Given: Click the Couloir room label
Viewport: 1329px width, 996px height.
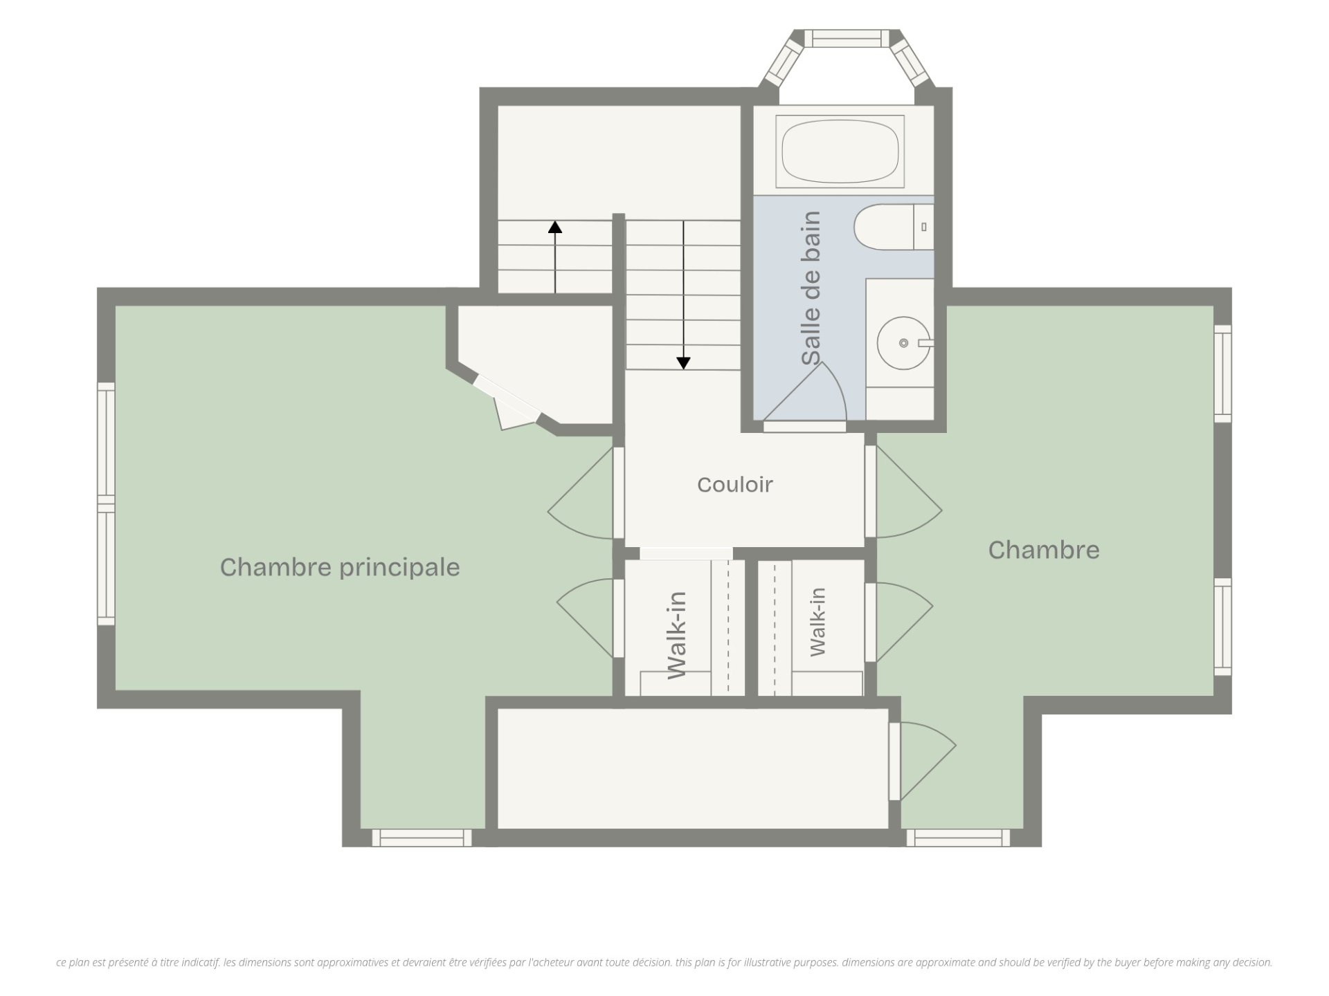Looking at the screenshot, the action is pos(734,485).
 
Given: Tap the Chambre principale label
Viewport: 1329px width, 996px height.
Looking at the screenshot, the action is pos(340,567).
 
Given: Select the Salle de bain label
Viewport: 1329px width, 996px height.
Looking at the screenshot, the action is pos(811,288).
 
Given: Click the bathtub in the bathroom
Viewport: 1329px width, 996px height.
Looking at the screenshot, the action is pos(840,151).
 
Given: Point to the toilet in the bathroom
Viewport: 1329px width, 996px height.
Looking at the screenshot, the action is pos(894,227).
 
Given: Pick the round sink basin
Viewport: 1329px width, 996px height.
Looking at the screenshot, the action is pos(903,342).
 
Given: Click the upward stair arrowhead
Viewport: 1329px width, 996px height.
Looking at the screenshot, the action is pos(555,227).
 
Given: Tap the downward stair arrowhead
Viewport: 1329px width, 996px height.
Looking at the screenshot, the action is pos(683,363).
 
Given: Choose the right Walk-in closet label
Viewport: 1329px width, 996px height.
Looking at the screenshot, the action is pos(817,622).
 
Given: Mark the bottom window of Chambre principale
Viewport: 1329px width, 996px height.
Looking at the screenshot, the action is pos(422,838).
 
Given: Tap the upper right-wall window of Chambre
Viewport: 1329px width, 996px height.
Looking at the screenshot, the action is pos(1223,373).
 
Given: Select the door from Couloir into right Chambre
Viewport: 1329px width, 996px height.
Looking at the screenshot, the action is pos(904,492).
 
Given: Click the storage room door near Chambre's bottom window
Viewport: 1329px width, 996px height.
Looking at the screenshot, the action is pos(923,761).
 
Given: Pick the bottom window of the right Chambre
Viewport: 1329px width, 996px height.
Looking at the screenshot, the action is pos(958,838).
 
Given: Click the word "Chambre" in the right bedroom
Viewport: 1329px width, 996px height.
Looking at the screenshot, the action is pos(1044,550).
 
